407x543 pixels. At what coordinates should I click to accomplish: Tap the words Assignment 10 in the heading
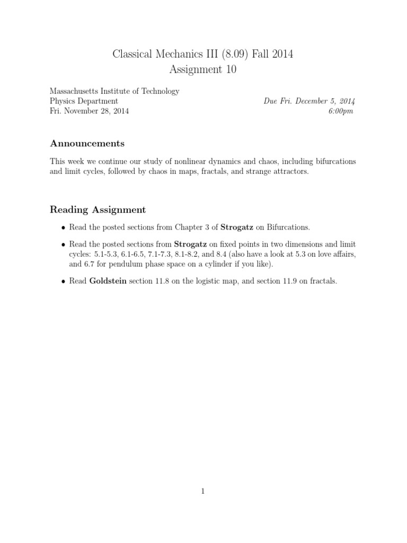203,69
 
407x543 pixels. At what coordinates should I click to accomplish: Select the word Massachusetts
74,91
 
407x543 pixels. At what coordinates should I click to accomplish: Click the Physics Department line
84,101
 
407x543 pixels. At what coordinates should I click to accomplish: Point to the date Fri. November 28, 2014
89,111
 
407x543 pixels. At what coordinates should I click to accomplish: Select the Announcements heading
87,143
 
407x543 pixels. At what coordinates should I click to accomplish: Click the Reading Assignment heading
98,210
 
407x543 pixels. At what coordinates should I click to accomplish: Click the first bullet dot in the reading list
64,227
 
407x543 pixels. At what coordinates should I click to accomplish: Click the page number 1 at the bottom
203,491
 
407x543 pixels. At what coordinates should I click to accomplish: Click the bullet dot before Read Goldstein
64,282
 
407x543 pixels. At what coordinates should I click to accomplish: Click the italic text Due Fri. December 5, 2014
309,101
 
